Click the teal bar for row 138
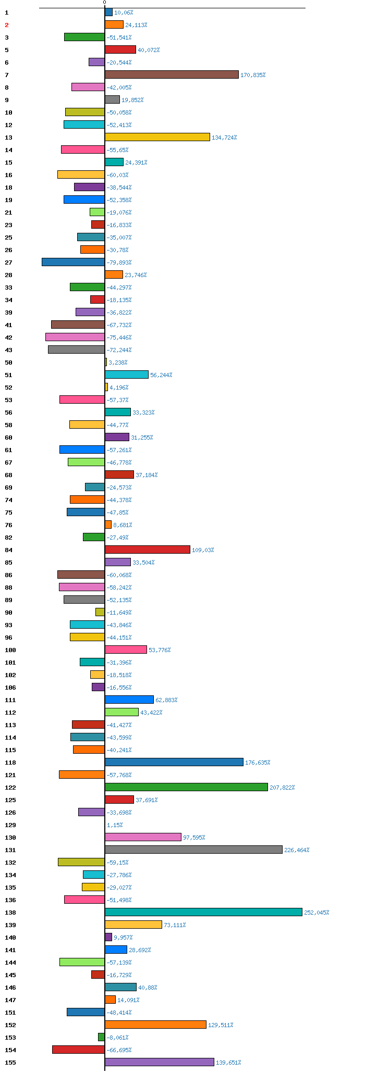(x=203, y=912)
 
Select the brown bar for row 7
(x=172, y=74)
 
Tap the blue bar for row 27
(x=73, y=262)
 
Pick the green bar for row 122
(x=186, y=787)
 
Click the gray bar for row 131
(x=193, y=850)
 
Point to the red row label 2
(x=7, y=25)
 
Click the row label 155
(x=10, y=1063)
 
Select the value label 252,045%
(x=317, y=913)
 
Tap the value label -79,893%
(x=119, y=263)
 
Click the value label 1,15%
(x=115, y=825)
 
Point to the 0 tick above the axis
(x=104, y=3)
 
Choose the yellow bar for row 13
(x=157, y=137)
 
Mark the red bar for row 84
(x=148, y=550)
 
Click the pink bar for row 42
(x=75, y=337)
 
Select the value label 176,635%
(x=258, y=763)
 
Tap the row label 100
(x=10, y=650)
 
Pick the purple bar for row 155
(x=160, y=1062)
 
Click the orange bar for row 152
(x=155, y=1025)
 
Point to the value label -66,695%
(x=119, y=1050)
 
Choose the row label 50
(x=8, y=363)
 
